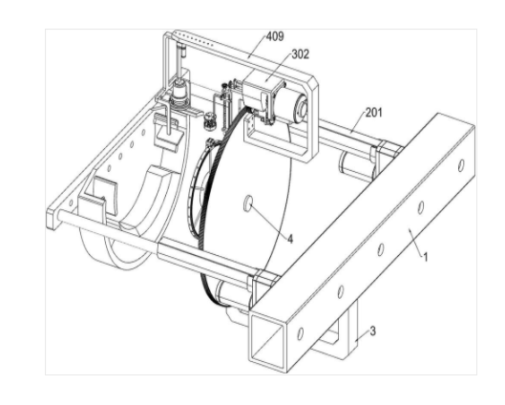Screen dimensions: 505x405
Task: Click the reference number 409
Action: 275,36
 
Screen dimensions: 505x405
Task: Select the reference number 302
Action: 300,54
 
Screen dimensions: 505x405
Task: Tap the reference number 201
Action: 374,113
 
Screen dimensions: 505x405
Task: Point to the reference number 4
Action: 290,239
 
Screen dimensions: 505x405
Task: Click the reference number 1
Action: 426,257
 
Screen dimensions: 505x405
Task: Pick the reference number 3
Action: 372,330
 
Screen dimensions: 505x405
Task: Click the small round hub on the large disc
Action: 248,203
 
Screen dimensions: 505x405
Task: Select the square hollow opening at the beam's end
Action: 267,341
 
